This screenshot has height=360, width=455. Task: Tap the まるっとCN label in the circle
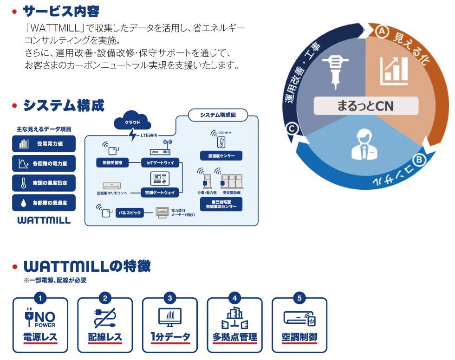tap(365, 106)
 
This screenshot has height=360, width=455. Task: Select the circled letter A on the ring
tap(381, 31)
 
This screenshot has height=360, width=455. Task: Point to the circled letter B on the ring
tap(419, 161)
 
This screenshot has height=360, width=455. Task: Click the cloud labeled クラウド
tap(132, 122)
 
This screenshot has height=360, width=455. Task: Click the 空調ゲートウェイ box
tap(160, 193)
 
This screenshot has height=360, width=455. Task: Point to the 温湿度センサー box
tap(221, 155)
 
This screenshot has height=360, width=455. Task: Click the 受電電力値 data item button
tap(44, 144)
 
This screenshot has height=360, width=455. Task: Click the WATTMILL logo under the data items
tap(44, 220)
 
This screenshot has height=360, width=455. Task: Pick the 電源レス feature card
tap(40, 325)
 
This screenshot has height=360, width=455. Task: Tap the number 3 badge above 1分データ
tap(170, 298)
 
